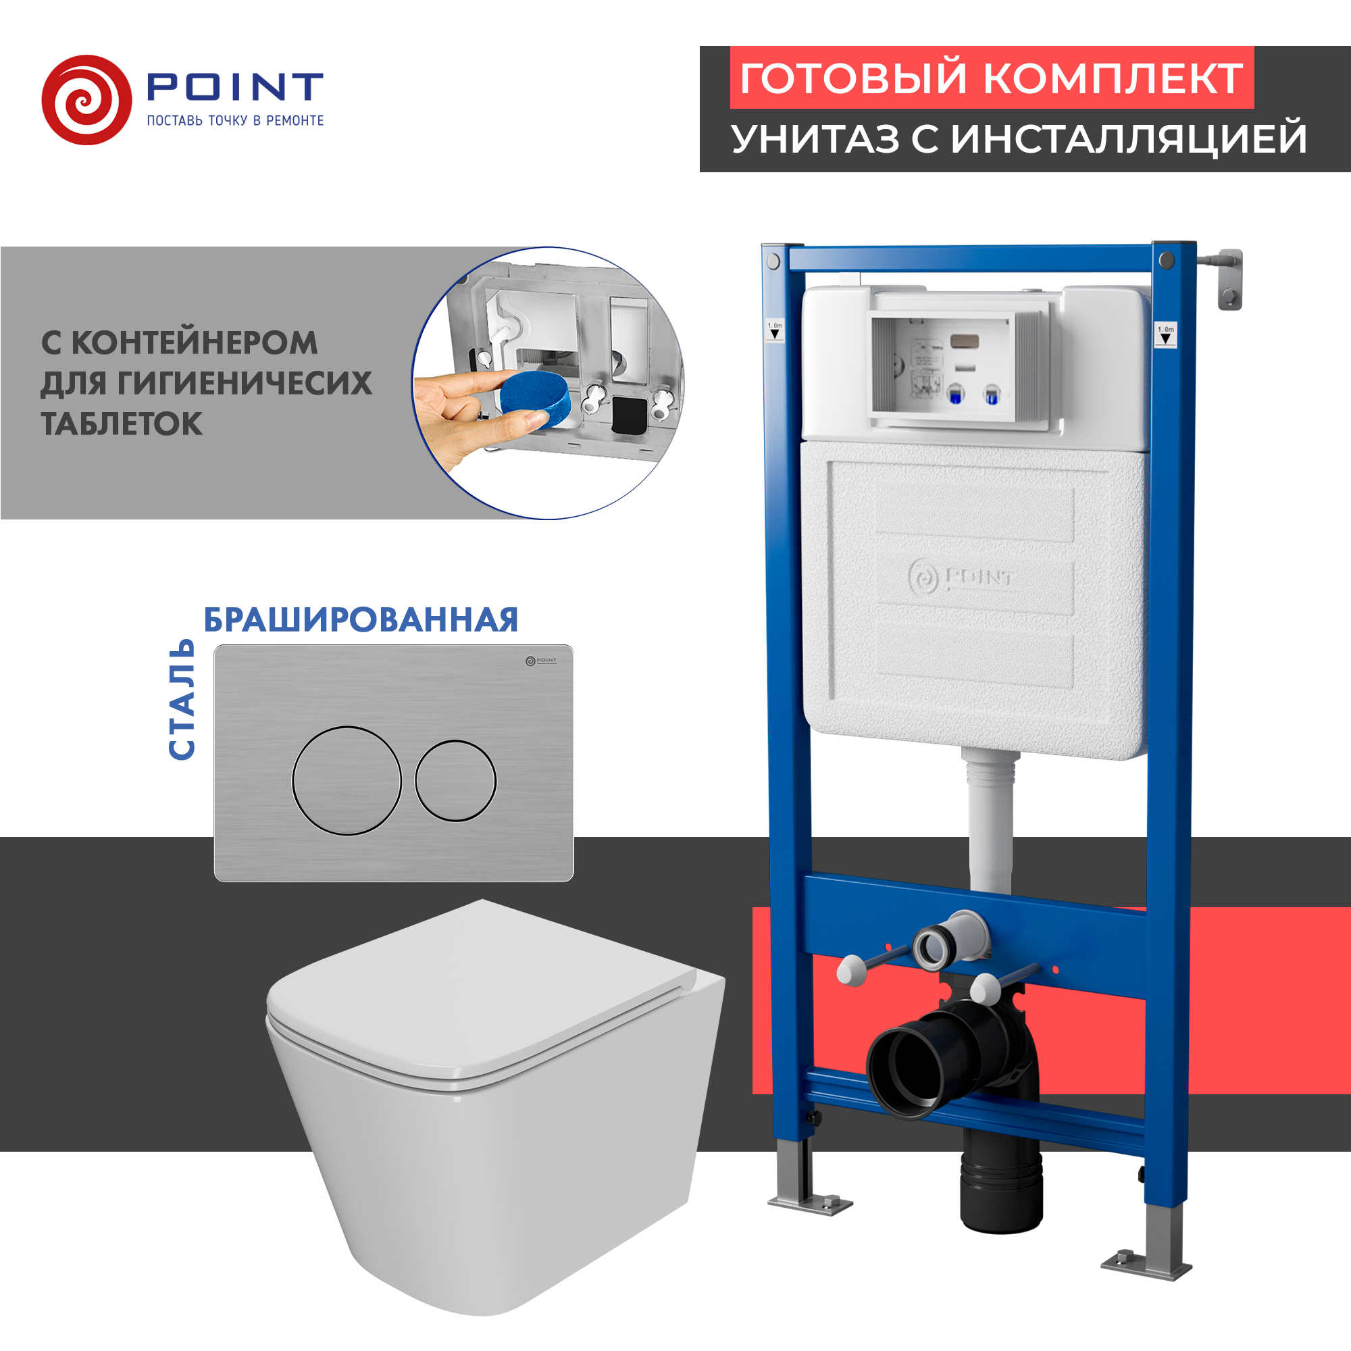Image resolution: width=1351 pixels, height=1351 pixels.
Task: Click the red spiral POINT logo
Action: (86, 100)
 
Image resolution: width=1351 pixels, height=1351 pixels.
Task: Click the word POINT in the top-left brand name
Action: (234, 86)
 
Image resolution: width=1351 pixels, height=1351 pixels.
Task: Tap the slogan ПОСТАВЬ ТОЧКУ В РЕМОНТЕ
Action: (235, 120)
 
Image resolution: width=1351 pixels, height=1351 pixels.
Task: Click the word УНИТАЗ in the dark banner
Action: (815, 138)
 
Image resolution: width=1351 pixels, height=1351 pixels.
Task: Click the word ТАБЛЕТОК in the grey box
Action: (122, 424)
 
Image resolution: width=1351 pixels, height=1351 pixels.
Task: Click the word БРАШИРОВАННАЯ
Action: (361, 620)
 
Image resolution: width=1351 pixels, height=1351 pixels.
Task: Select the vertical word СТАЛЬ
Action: (182, 698)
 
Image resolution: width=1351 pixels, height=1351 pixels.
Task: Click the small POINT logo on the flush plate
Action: (541, 660)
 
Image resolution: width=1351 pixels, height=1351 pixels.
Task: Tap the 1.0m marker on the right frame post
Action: (1165, 334)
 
